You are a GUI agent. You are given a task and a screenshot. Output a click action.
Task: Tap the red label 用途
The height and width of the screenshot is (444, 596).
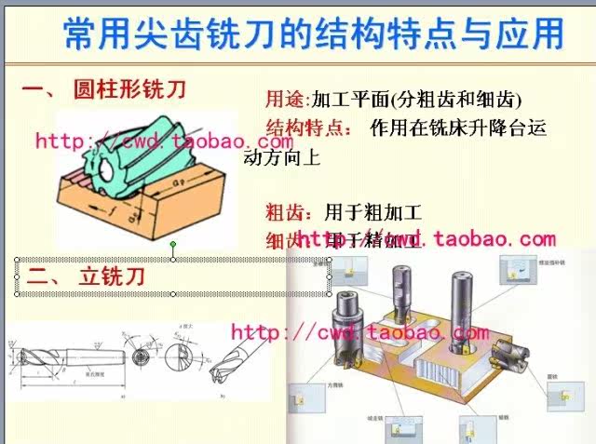[x=284, y=99]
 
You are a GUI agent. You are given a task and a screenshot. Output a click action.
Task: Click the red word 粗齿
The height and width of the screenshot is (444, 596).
[x=284, y=210]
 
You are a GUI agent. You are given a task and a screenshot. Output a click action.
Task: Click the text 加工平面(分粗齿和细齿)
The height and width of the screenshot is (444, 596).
[x=416, y=99]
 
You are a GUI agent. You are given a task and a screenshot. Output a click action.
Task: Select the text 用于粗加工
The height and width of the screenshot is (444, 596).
[x=372, y=210]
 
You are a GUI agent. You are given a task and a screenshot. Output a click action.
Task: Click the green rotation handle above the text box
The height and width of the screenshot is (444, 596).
[x=172, y=245]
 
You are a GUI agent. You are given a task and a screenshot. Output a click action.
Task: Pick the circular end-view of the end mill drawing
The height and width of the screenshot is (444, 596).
[x=140, y=356]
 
